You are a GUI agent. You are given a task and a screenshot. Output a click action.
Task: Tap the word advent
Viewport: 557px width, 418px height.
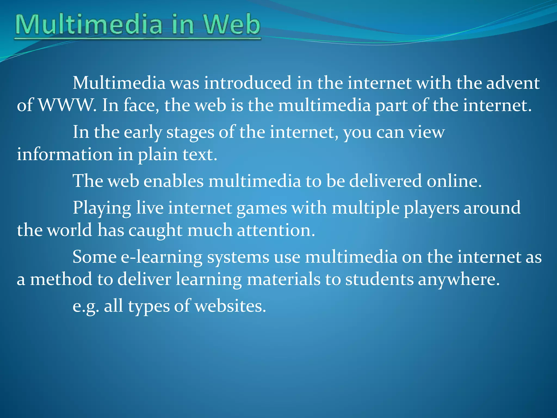tap(513, 83)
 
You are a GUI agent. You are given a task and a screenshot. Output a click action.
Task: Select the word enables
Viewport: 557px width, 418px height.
tap(174, 181)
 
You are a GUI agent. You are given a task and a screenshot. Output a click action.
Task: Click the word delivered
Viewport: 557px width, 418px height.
tap(385, 181)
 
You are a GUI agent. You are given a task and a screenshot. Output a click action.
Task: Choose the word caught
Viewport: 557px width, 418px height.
tap(155, 230)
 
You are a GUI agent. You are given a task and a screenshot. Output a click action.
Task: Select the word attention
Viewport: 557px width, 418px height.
tap(276, 230)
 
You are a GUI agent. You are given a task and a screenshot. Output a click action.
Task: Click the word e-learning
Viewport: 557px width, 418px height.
tap(162, 257)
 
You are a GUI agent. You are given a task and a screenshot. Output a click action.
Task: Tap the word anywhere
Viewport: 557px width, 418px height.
tap(459, 280)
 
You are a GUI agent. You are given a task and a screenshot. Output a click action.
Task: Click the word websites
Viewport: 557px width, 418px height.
tap(230, 306)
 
